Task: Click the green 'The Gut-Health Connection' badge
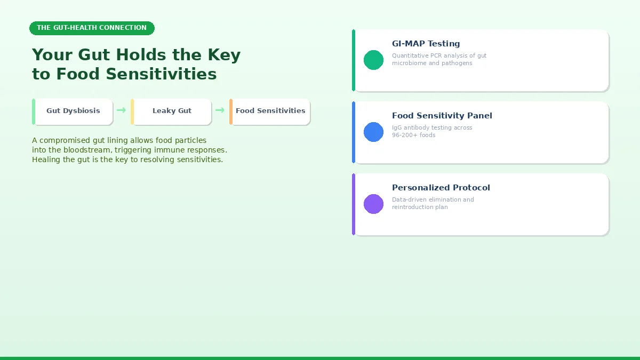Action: pos(92,28)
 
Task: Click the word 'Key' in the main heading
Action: pos(223,55)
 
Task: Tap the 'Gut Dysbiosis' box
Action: pos(73,111)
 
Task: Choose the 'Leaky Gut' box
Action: pos(172,111)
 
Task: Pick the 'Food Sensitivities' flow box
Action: pos(270,111)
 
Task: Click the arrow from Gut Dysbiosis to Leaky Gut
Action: pos(122,110)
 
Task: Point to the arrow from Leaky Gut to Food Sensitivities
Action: pos(220,110)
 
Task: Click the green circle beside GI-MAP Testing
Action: pos(373,60)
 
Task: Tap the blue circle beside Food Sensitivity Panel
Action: pos(373,132)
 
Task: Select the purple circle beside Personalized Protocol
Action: pos(373,204)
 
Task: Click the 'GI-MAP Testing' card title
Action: pos(426,44)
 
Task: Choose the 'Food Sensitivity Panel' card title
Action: pos(442,116)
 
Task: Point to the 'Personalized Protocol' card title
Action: pos(441,188)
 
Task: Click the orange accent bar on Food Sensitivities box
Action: pos(231,111)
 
